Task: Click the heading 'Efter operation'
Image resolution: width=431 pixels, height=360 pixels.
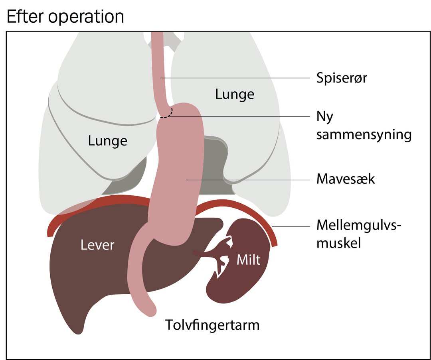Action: [x=65, y=16]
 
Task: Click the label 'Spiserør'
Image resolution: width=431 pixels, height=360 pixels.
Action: [x=341, y=78]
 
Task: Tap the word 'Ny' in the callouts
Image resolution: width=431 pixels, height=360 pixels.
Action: [x=324, y=117]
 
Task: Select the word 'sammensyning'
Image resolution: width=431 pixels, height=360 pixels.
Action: [x=364, y=135]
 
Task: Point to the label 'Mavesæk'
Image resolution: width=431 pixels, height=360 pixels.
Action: [x=346, y=179]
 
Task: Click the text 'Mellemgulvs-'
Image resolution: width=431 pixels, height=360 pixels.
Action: [x=359, y=225]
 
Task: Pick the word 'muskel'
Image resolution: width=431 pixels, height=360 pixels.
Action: [x=338, y=243]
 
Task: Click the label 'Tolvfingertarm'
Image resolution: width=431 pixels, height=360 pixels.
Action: [x=212, y=325]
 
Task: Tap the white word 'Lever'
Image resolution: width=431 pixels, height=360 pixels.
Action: [x=97, y=245]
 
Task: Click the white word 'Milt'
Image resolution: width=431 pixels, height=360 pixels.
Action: [x=248, y=260]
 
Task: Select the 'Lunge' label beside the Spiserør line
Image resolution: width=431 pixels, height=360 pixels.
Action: [x=235, y=94]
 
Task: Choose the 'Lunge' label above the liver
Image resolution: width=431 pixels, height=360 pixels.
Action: [x=107, y=141]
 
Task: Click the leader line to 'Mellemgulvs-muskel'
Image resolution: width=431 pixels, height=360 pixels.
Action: [x=291, y=226]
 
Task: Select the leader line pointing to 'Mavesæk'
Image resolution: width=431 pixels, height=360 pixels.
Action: [x=248, y=180]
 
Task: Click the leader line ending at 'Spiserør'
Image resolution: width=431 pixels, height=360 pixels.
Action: [x=235, y=78]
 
